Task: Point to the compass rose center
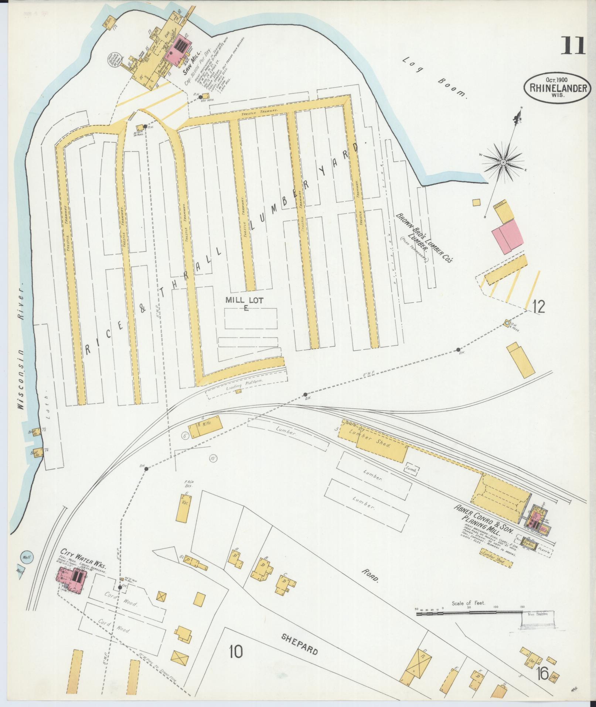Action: click(503, 162)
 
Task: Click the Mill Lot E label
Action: click(244, 304)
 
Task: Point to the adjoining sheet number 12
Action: click(538, 306)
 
